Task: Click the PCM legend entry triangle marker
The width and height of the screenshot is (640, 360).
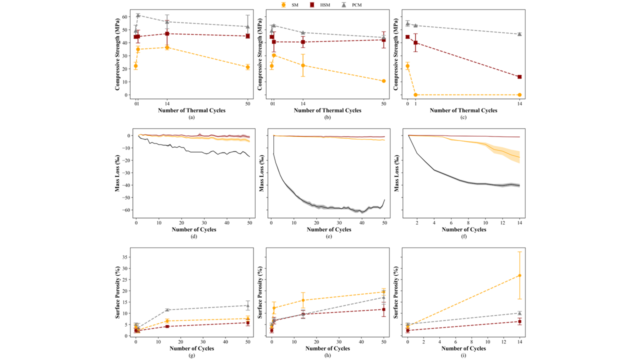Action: (x=343, y=5)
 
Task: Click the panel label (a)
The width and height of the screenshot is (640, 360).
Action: (x=191, y=117)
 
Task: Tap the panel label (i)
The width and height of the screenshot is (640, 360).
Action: (x=464, y=355)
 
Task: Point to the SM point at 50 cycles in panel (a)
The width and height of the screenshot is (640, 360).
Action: (x=247, y=67)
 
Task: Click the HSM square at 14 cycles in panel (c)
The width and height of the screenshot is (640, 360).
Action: (x=519, y=77)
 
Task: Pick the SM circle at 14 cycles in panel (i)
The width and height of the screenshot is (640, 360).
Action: (x=519, y=275)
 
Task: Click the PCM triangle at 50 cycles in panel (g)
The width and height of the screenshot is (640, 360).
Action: (x=247, y=305)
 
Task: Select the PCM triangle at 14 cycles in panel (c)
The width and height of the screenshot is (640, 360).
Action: (x=519, y=34)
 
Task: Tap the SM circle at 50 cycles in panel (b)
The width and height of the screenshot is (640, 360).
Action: (x=383, y=81)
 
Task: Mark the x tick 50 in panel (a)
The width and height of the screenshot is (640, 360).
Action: (x=247, y=103)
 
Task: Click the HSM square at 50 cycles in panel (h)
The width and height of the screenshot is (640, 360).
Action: (x=383, y=309)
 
